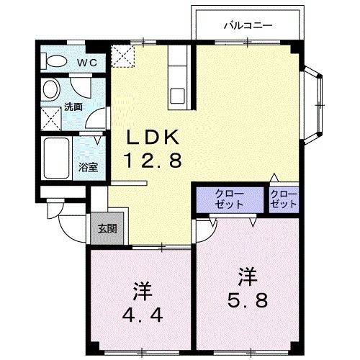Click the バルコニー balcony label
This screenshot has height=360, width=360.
pos(248,25)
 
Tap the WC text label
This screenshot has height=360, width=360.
pos(87,63)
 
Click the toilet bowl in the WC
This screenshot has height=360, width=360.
pos(55,61)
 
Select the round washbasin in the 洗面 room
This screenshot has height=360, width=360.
pos(50,89)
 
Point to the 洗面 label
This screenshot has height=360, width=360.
pos(73,107)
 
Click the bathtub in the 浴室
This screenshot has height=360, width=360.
pos(57,158)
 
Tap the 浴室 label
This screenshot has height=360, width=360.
pos(89,167)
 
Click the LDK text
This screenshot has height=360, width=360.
pos(153,138)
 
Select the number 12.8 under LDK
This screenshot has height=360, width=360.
pos(153,161)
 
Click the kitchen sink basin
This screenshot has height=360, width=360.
pos(177,96)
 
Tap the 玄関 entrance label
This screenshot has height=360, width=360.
pos(107,229)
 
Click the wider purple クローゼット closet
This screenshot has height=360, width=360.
pos(230,200)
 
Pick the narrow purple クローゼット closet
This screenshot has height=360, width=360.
pos(284,200)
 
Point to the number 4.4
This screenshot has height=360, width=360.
pos(143,315)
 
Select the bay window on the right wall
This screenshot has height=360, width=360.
pos(312,106)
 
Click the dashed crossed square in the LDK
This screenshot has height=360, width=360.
pos(122,56)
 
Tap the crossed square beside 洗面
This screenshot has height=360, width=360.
pos(50,119)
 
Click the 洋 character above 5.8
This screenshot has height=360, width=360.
pos(248,277)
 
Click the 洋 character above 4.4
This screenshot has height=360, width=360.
pos(143,292)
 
